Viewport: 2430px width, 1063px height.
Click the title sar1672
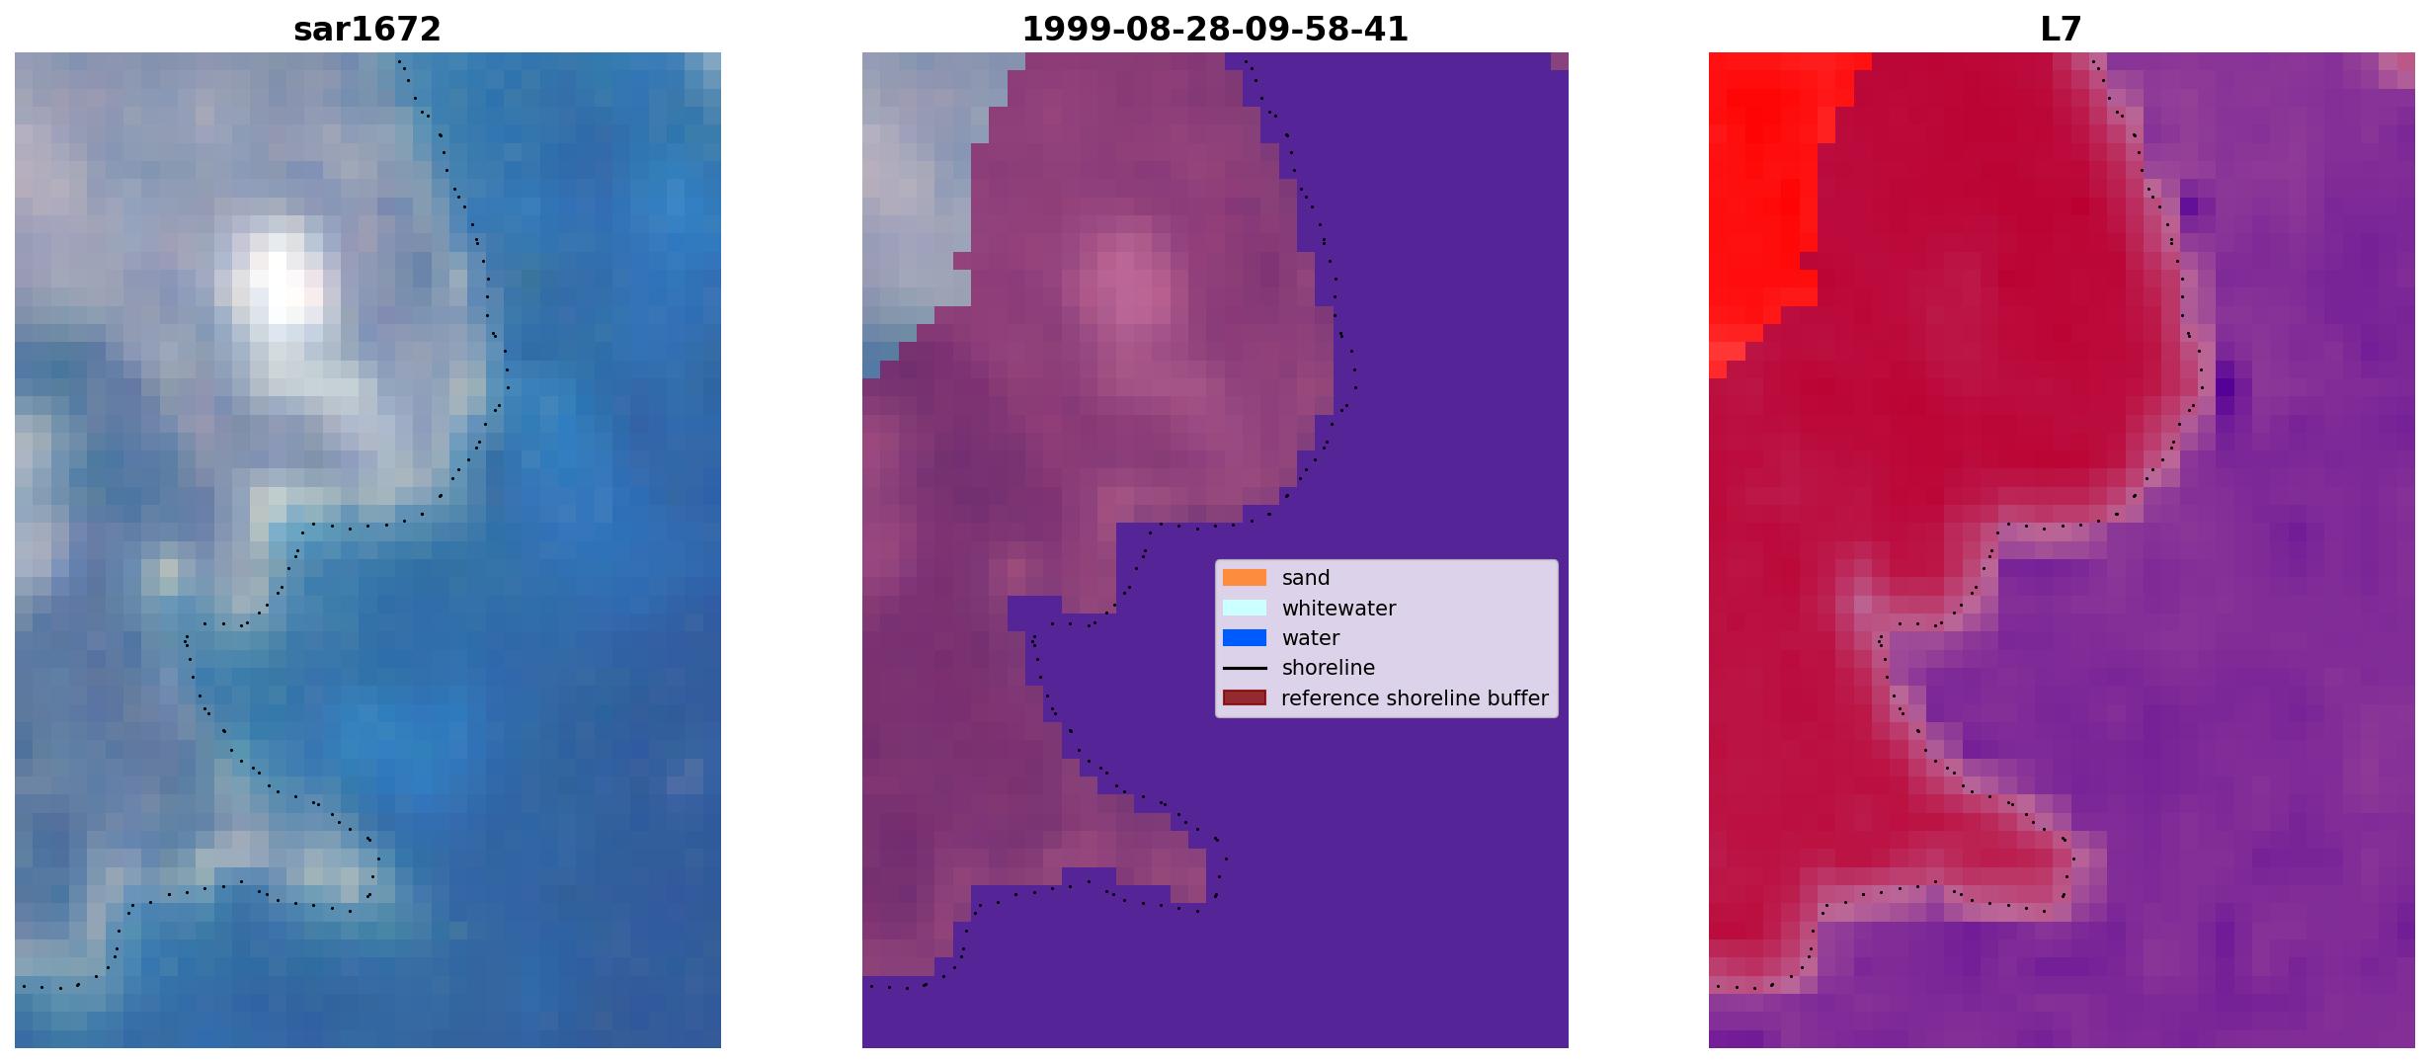[367, 30]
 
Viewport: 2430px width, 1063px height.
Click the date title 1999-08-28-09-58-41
[1215, 30]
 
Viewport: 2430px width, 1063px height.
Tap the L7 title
[2062, 30]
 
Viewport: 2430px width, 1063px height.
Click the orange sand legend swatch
[1245, 578]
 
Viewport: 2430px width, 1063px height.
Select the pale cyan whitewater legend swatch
[1245, 608]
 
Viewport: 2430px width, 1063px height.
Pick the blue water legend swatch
[1245, 638]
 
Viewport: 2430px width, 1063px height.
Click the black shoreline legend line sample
[1245, 668]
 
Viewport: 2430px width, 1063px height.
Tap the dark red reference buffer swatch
[1245, 698]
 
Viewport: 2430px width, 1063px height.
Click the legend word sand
[1306, 578]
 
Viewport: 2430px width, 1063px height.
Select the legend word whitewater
[1338, 609]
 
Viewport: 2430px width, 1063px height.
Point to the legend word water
[1311, 638]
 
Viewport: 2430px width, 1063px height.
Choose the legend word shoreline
[1329, 668]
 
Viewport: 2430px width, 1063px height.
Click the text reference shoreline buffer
[1415, 698]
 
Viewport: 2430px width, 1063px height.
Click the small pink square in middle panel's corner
[1559, 61]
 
